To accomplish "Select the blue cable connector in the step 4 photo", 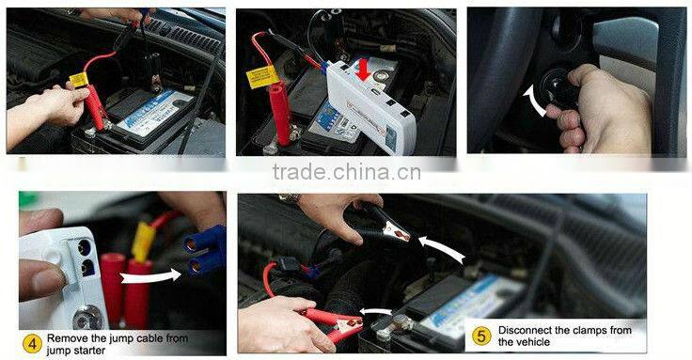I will (205, 251).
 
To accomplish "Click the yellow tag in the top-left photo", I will (78, 81).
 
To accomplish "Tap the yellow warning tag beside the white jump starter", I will (262, 75).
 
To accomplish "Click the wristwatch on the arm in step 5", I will (290, 198).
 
